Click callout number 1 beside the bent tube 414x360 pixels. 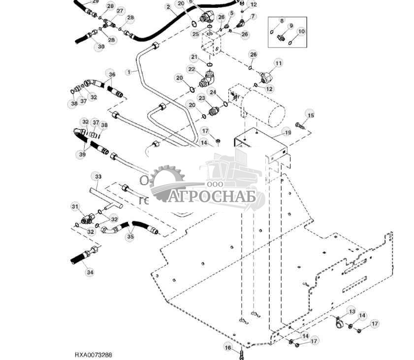pos(129,72)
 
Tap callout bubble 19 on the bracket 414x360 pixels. pos(287,132)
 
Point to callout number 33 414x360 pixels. pos(97,176)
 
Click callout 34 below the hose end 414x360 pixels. pos(89,271)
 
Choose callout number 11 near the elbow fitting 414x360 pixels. pos(279,63)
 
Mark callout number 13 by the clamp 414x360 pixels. pos(351,312)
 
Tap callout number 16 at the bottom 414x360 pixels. pos(228,348)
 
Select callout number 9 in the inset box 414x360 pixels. pos(290,26)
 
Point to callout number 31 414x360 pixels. pos(75,206)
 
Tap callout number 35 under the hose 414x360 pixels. pos(130,237)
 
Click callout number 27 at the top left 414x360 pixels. pos(120,11)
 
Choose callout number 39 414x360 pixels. pos(82,154)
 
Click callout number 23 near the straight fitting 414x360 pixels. pos(201,98)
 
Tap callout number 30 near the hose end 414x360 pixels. pos(101,47)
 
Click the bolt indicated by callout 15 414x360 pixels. pos(300,124)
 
